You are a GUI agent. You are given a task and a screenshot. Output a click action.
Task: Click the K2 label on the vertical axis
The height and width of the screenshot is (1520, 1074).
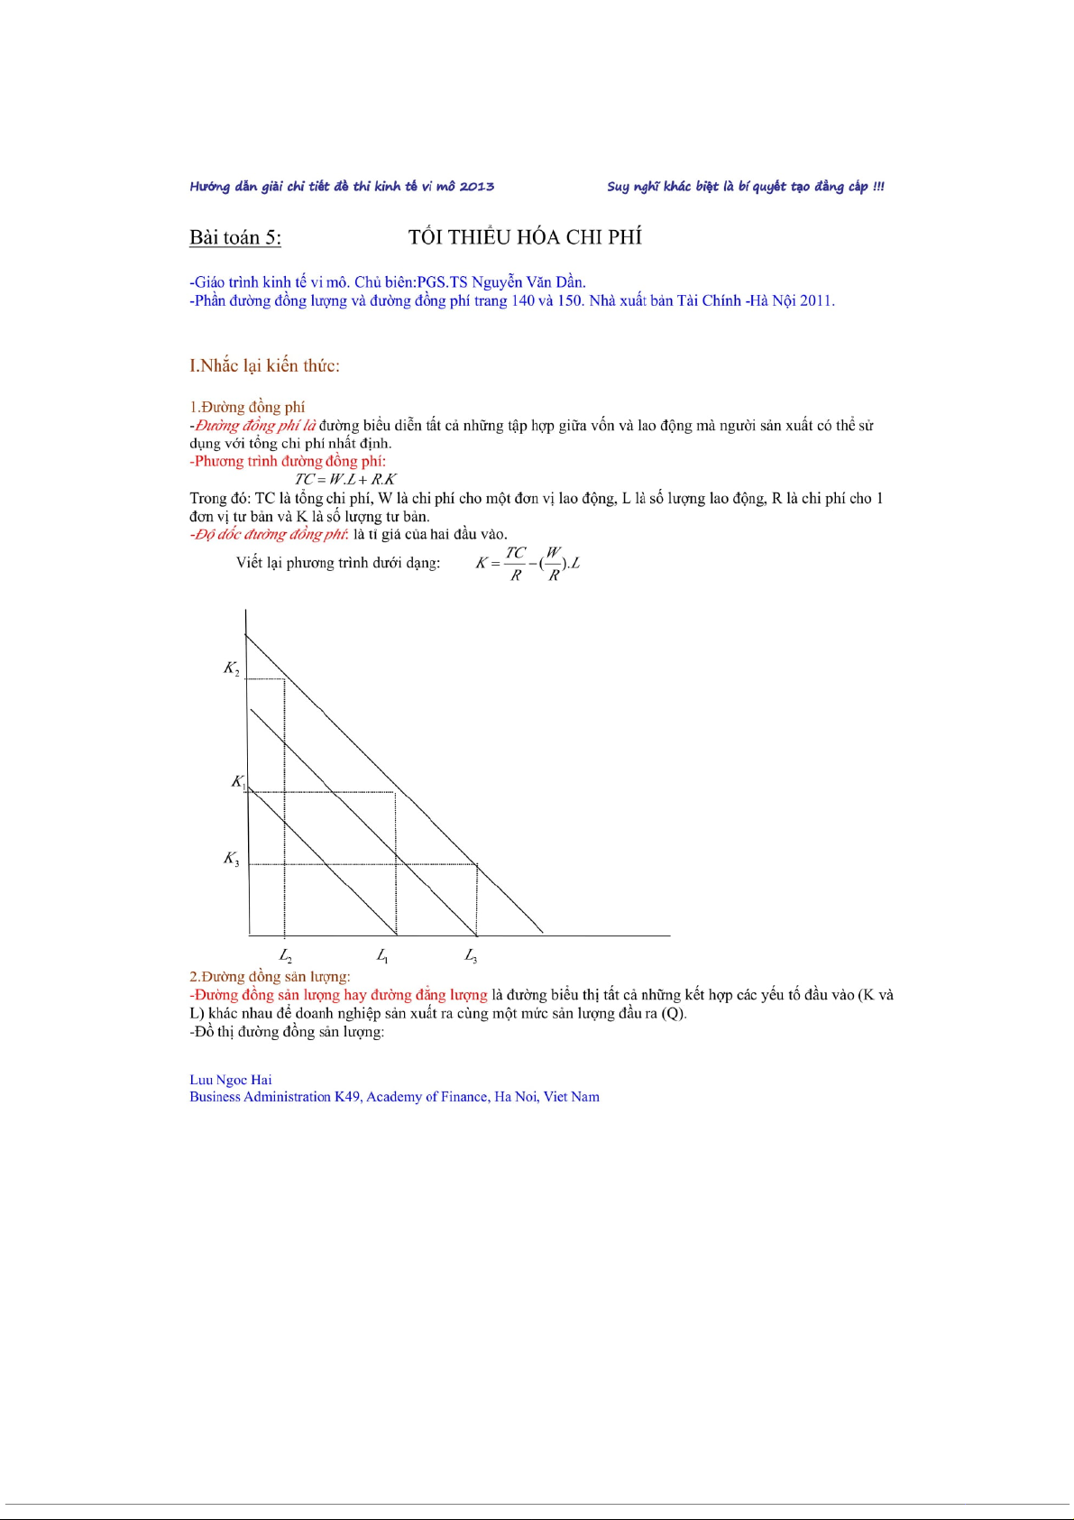232,668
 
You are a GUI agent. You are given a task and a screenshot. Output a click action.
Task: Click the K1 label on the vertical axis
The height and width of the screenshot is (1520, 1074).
238,782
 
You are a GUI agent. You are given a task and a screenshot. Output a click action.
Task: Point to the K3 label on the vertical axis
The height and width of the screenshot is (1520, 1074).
232,859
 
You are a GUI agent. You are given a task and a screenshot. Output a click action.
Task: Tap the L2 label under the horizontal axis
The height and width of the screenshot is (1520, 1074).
285,955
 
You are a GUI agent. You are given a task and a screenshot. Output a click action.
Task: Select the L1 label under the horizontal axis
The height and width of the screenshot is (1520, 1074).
382,955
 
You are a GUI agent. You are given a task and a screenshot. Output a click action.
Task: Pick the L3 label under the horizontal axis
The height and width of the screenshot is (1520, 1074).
471,955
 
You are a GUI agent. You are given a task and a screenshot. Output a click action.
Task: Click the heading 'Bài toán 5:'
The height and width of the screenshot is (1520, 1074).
235,237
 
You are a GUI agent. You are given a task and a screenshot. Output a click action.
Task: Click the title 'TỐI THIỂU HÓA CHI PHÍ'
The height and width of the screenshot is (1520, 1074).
525,237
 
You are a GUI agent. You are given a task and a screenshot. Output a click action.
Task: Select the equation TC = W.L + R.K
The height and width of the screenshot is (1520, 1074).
345,480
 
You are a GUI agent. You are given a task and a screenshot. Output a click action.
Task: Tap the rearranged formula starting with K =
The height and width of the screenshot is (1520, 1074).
528,563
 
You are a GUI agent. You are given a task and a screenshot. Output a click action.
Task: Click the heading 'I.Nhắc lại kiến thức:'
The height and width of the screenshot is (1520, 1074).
264,365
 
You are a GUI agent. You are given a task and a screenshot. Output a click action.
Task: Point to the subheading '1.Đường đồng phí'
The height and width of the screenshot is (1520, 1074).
247,407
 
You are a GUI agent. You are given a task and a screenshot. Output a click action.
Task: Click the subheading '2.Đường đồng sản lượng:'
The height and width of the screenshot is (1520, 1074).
270,976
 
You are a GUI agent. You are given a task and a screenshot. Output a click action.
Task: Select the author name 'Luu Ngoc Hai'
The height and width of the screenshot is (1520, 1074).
230,1080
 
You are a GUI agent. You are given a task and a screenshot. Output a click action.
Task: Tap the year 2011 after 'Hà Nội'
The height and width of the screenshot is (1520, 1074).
816,300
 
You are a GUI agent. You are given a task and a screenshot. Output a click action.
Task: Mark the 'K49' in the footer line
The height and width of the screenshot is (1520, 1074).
346,1097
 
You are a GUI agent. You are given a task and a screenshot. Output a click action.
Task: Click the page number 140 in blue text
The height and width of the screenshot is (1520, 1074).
523,300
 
